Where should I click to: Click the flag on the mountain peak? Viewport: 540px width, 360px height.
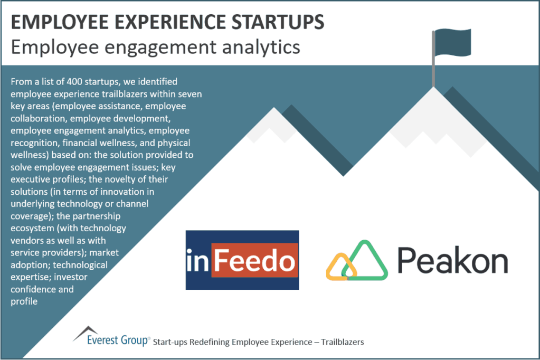pos(452,42)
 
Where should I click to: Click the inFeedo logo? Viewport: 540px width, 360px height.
pos(242,260)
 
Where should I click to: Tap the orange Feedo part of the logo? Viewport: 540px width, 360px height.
pos(255,260)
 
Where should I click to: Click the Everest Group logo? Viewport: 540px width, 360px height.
pos(111,337)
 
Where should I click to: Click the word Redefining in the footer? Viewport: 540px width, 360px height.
pos(205,342)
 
